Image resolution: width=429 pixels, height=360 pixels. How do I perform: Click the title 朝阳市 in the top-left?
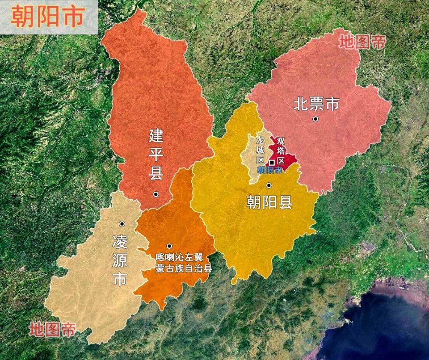click(48, 17)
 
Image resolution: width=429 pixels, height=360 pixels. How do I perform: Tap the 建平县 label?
click(156, 154)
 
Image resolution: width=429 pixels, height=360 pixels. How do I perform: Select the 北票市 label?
click(316, 104)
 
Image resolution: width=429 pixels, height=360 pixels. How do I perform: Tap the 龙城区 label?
click(260, 150)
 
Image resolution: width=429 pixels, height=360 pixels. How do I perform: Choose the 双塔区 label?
click(281, 150)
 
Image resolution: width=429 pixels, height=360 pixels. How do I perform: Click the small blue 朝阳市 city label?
click(269, 170)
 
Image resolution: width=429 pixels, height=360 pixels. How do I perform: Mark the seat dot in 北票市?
click(315, 119)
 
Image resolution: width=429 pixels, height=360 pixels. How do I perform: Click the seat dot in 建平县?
click(156, 194)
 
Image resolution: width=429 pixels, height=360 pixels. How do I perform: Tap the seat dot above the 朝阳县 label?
click(269, 185)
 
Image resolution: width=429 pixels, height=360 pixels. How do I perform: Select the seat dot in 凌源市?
click(122, 223)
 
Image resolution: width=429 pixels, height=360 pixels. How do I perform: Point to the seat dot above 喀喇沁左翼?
click(169, 246)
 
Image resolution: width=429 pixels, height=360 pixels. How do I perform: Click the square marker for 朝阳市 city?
click(271, 163)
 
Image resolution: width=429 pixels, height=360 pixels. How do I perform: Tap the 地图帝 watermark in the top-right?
click(362, 42)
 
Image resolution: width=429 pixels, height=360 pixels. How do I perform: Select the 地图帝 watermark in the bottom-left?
click(52, 330)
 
